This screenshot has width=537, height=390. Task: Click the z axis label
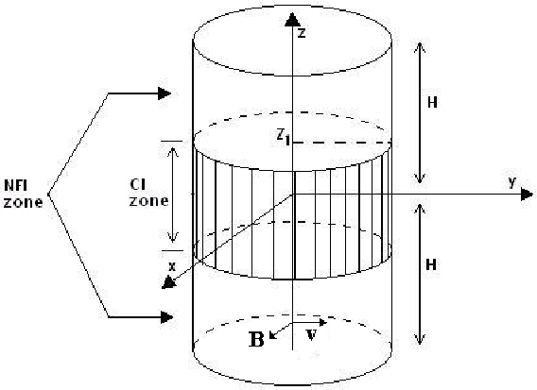[301, 33]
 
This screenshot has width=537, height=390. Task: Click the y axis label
[511, 181]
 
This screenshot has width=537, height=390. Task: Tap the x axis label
[172, 266]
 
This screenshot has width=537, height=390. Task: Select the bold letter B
[256, 339]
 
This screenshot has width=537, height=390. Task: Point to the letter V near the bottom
[311, 335]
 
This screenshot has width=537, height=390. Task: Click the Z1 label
[284, 138]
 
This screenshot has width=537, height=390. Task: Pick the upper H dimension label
[432, 102]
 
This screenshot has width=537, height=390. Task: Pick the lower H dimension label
[431, 264]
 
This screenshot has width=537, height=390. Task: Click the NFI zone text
[24, 194]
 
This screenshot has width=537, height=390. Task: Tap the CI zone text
[148, 193]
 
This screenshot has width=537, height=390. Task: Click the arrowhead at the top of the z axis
[292, 20]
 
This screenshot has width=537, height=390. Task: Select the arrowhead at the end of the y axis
[527, 195]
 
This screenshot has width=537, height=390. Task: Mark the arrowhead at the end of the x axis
[168, 283]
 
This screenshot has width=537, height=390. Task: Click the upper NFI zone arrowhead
[165, 93]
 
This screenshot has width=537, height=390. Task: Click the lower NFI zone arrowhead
[166, 317]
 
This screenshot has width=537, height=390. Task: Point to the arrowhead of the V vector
[322, 322]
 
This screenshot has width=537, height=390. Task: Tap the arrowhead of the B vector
[272, 335]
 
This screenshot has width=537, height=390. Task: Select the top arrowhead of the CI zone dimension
[173, 152]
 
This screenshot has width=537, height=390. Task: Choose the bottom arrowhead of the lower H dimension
[420, 339]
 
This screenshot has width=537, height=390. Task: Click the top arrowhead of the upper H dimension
[420, 48]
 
